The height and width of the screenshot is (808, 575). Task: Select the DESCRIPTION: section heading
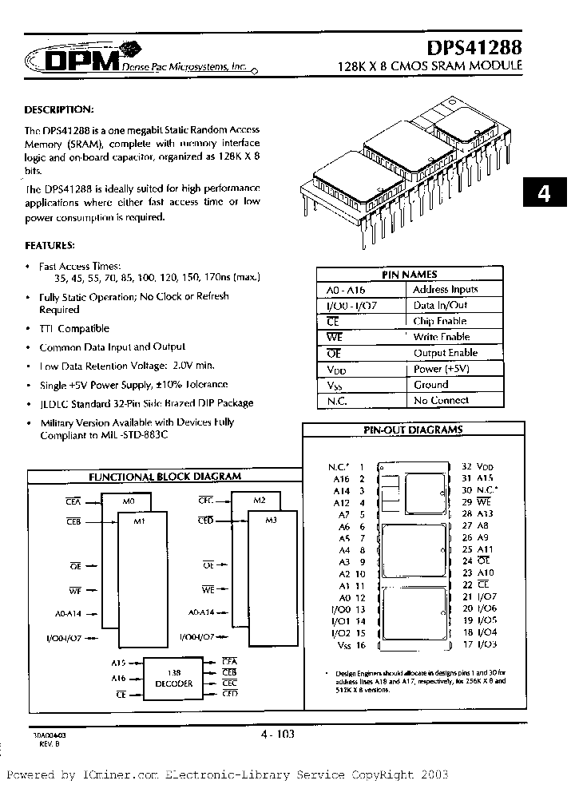click(x=59, y=109)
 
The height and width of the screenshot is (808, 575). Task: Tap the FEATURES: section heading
click(x=50, y=244)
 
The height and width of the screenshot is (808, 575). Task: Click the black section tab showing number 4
click(x=544, y=195)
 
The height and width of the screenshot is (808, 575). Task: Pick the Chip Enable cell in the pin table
click(x=440, y=321)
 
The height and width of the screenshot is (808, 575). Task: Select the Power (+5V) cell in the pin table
click(x=439, y=369)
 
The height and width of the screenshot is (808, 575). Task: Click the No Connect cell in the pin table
click(x=441, y=400)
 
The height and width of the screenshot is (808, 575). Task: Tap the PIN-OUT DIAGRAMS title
click(x=413, y=430)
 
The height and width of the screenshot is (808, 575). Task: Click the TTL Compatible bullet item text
click(x=74, y=328)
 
